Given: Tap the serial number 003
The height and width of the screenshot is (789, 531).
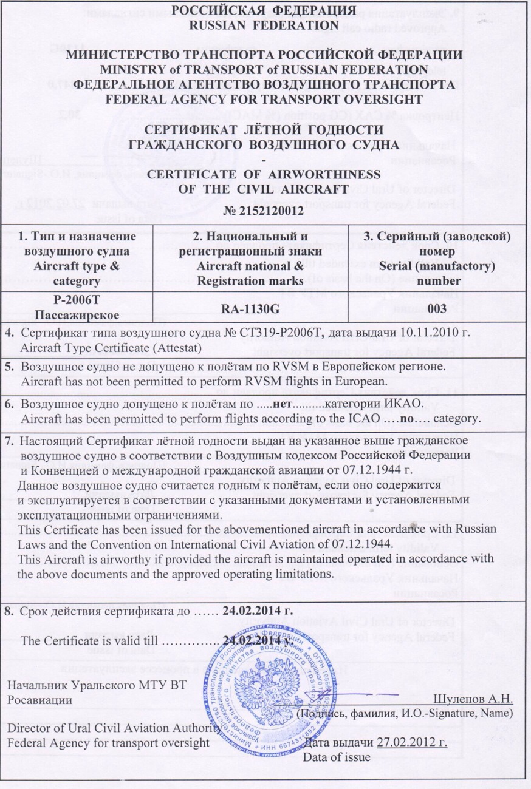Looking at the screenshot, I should (x=437, y=308).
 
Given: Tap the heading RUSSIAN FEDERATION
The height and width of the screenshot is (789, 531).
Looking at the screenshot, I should (x=264, y=25).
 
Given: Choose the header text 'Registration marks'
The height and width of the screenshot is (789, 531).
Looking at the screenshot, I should (x=250, y=281).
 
